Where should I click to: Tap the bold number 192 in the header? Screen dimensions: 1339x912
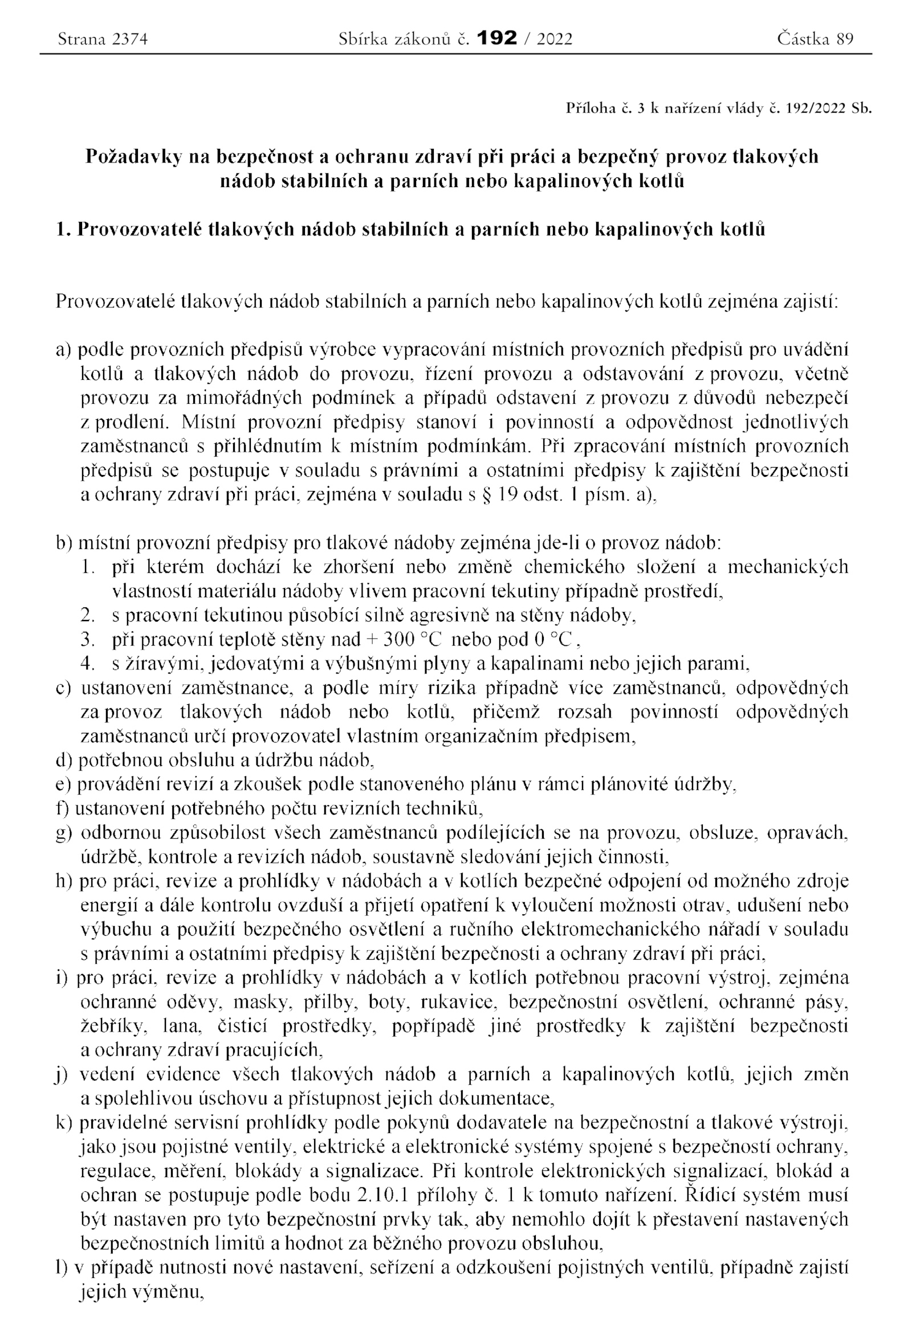497,39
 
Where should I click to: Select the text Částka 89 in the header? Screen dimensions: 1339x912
815,39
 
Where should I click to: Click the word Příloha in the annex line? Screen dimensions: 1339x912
591,108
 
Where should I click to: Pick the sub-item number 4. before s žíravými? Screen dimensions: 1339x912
88,664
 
